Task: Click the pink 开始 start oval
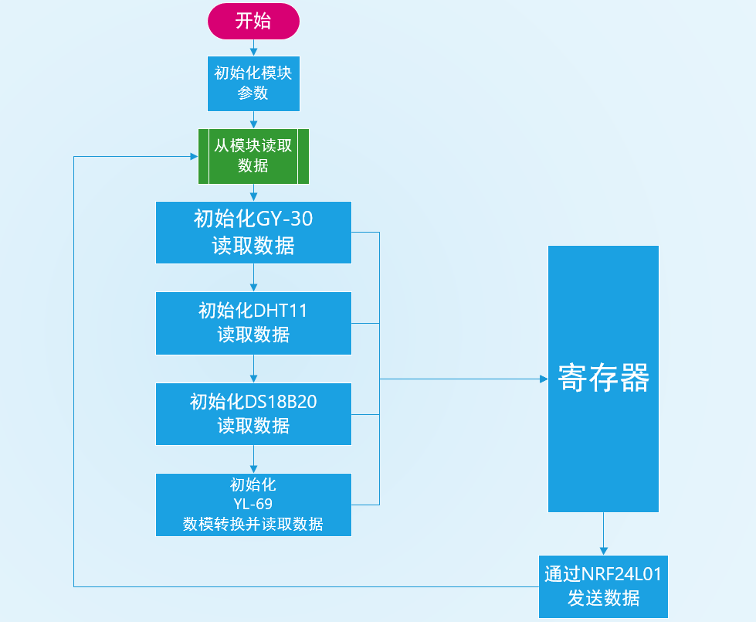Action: click(253, 21)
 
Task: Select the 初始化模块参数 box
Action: click(253, 84)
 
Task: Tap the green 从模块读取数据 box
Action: click(253, 156)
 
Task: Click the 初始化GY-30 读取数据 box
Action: click(253, 233)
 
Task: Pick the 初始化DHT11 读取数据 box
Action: click(253, 323)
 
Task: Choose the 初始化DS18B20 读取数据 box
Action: click(253, 414)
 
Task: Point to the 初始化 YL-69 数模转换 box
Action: click(253, 505)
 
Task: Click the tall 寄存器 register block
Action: click(603, 379)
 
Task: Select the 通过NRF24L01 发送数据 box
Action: click(603, 586)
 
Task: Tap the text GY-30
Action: click(284, 219)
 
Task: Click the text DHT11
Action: click(280, 311)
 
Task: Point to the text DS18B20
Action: click(281, 402)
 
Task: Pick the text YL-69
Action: click(253, 505)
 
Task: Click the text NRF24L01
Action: click(622, 574)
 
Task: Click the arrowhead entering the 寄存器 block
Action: click(544, 379)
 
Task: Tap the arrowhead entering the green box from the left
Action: click(195, 156)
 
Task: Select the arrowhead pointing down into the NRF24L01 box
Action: click(603, 551)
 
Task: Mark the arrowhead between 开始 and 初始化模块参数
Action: click(253, 52)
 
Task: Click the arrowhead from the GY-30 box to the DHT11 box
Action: click(253, 287)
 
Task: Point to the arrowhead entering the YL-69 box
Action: click(253, 469)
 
